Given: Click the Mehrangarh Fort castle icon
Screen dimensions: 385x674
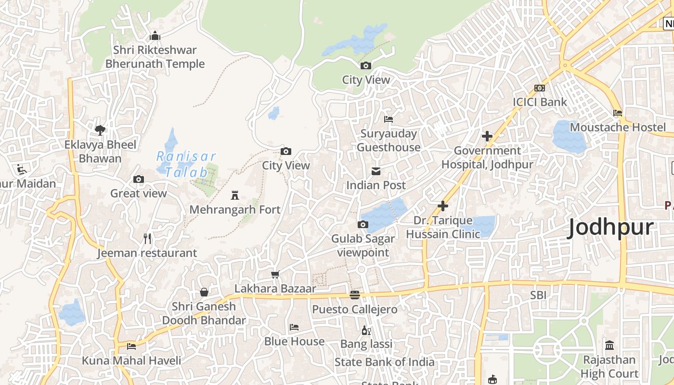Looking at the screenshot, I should pos(235,195).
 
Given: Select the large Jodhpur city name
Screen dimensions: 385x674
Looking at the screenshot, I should pos(611,227).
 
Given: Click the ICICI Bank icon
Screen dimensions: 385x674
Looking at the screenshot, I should pos(540,88).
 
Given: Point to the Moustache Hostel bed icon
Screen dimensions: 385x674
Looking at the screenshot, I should pos(618,113).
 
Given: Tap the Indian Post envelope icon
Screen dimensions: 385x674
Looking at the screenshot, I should pos(376,171).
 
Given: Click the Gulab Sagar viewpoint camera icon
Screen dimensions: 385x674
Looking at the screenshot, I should pos(363,224).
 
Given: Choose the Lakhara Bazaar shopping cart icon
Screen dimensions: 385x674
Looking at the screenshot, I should pos(275,274).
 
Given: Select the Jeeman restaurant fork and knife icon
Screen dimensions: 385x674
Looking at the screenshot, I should pos(147,238).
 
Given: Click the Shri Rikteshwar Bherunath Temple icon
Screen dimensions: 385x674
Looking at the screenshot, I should pos(155,36).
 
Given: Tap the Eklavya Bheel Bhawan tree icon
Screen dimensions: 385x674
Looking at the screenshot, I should pos(100,130).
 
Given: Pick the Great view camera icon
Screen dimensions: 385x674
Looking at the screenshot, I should pos(139,180).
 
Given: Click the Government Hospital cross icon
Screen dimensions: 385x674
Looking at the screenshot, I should pos(487,136).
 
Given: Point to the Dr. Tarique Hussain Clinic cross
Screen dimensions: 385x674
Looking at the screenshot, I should pos(442,206).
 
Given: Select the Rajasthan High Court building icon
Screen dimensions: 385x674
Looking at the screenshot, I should pos(609,345).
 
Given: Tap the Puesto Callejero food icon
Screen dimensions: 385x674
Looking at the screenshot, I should pos(355,295).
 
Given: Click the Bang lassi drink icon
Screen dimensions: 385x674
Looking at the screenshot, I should pos(366,330).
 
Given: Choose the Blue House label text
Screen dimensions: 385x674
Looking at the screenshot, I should pos(294,341).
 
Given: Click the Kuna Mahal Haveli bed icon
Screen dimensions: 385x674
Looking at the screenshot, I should pos(131,346).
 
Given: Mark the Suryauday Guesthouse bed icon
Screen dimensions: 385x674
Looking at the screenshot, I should pos(389,119).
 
